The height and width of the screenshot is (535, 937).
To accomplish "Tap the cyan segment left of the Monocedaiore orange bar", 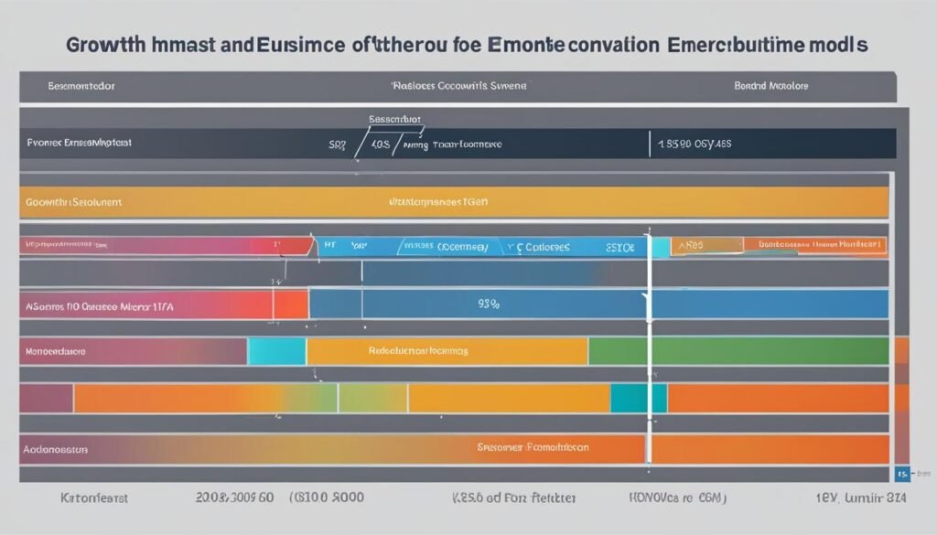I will point(277,350).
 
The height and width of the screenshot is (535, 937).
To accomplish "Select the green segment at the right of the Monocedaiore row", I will point(738,350).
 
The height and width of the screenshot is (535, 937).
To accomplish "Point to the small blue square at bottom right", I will point(901,475).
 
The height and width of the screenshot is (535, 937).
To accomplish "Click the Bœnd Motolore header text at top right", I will point(770,86).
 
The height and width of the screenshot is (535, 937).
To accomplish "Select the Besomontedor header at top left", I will point(81,86).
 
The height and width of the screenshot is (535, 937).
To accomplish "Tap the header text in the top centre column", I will point(458,86).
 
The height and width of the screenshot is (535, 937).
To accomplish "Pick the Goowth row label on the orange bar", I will point(74,202).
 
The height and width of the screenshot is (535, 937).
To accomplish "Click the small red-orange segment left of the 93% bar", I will point(291,304).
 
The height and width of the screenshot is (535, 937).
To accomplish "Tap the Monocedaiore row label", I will point(56,350).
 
